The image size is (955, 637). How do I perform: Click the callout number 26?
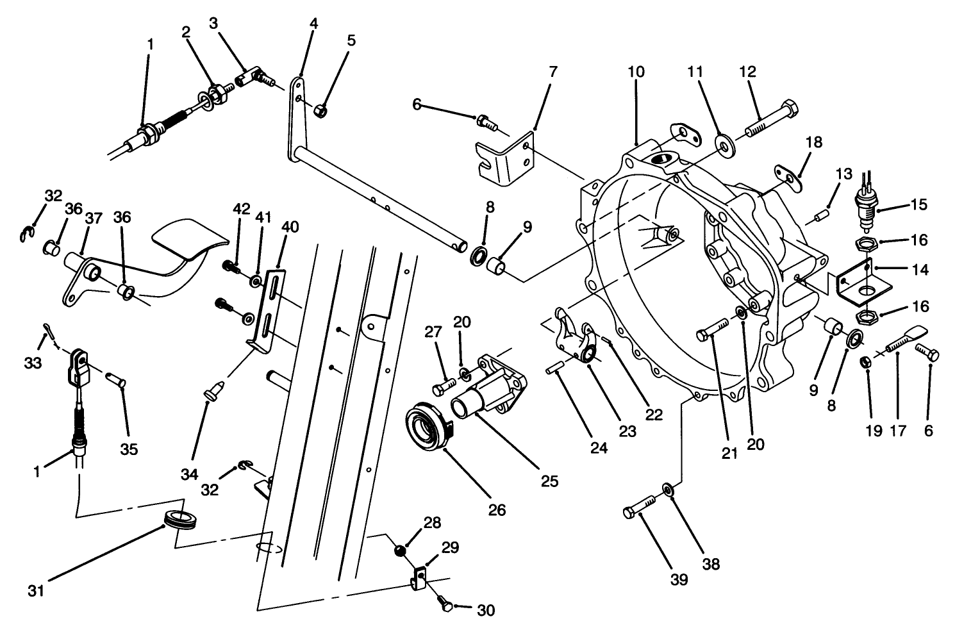point(497,510)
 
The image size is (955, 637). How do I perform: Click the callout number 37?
point(93,219)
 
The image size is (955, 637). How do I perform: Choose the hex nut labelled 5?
point(319,111)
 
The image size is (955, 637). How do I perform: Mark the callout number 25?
point(549,480)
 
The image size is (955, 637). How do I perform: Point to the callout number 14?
point(920,270)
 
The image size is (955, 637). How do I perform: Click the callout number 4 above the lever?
point(313,24)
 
